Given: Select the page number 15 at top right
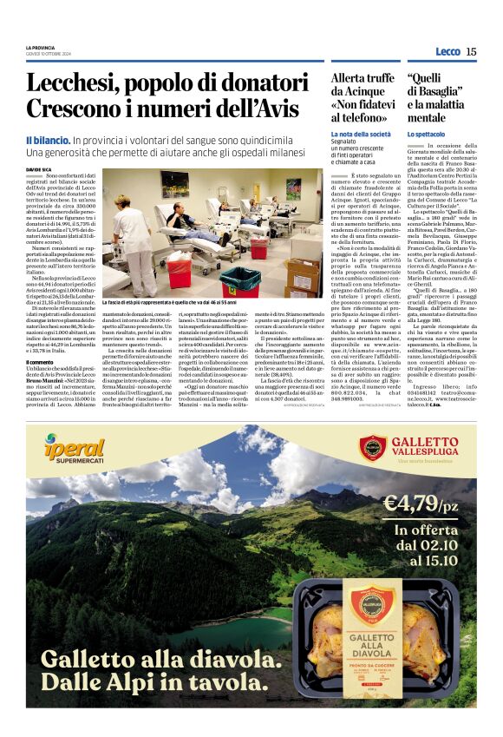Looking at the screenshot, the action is click(x=471, y=51).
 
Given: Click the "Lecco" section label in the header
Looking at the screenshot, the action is click(x=448, y=51).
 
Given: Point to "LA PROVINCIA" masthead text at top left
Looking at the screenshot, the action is click(x=42, y=47).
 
